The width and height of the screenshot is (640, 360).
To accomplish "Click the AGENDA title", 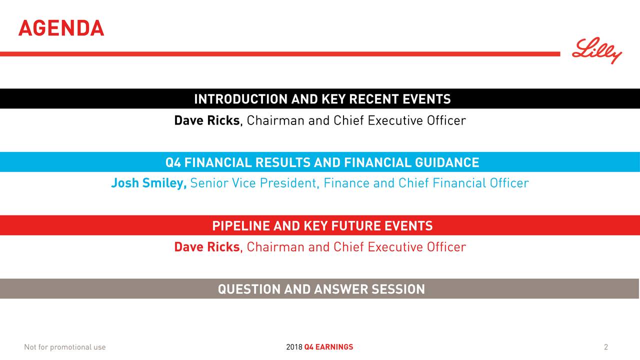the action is click(x=61, y=28).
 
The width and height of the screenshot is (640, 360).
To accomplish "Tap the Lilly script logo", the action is click(x=597, y=50).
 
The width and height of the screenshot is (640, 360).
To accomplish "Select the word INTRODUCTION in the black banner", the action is click(x=241, y=99).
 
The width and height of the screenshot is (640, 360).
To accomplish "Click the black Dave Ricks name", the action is click(x=207, y=120).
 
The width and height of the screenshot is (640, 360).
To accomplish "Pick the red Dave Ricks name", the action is click(x=207, y=247).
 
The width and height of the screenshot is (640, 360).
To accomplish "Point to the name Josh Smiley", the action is click(x=148, y=183).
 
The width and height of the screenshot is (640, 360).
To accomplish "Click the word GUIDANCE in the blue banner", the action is click(x=447, y=162).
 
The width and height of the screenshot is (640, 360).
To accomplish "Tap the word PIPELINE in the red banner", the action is click(x=241, y=225).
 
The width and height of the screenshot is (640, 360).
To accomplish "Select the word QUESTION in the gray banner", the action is click(x=249, y=289).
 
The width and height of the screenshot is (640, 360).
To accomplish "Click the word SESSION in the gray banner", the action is click(x=398, y=289).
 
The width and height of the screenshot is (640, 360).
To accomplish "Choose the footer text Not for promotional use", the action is click(x=65, y=347).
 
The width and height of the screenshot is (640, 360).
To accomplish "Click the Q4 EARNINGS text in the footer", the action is click(x=328, y=347).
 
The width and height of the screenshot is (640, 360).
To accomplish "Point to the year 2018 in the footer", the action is click(x=294, y=347).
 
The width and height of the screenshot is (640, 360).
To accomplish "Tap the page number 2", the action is click(x=605, y=347).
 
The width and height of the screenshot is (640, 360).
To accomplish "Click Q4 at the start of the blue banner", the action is click(x=173, y=162).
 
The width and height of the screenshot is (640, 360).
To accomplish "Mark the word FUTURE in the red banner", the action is click(x=356, y=225).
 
